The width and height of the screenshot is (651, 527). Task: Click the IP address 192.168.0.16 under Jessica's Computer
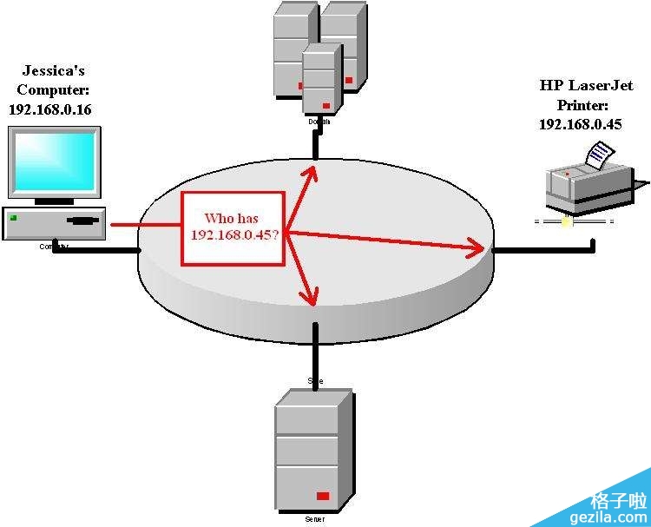[49, 109]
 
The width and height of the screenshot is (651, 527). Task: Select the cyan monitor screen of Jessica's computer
[54, 161]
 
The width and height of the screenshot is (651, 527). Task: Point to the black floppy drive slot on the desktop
[82, 220]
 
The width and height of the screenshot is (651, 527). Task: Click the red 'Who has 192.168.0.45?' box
[233, 228]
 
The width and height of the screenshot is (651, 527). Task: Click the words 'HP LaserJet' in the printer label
[586, 86]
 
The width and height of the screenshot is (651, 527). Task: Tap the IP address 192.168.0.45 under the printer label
[580, 124]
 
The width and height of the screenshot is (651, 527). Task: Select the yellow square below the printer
[566, 221]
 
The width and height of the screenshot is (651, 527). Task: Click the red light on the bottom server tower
[323, 496]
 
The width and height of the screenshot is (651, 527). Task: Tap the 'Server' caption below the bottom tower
[314, 519]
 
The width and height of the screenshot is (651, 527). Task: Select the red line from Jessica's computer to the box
[143, 227]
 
